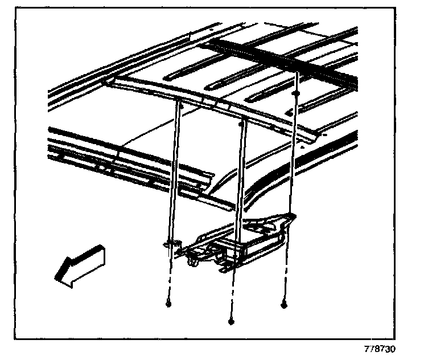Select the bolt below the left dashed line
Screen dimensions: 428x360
[x=168, y=304]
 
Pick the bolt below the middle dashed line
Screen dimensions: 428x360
[x=231, y=322]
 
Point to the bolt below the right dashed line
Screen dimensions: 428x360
[x=283, y=305]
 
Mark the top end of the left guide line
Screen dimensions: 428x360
[x=180, y=102]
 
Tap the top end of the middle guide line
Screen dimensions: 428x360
[x=243, y=121]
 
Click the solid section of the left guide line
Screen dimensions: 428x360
[x=175, y=171]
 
